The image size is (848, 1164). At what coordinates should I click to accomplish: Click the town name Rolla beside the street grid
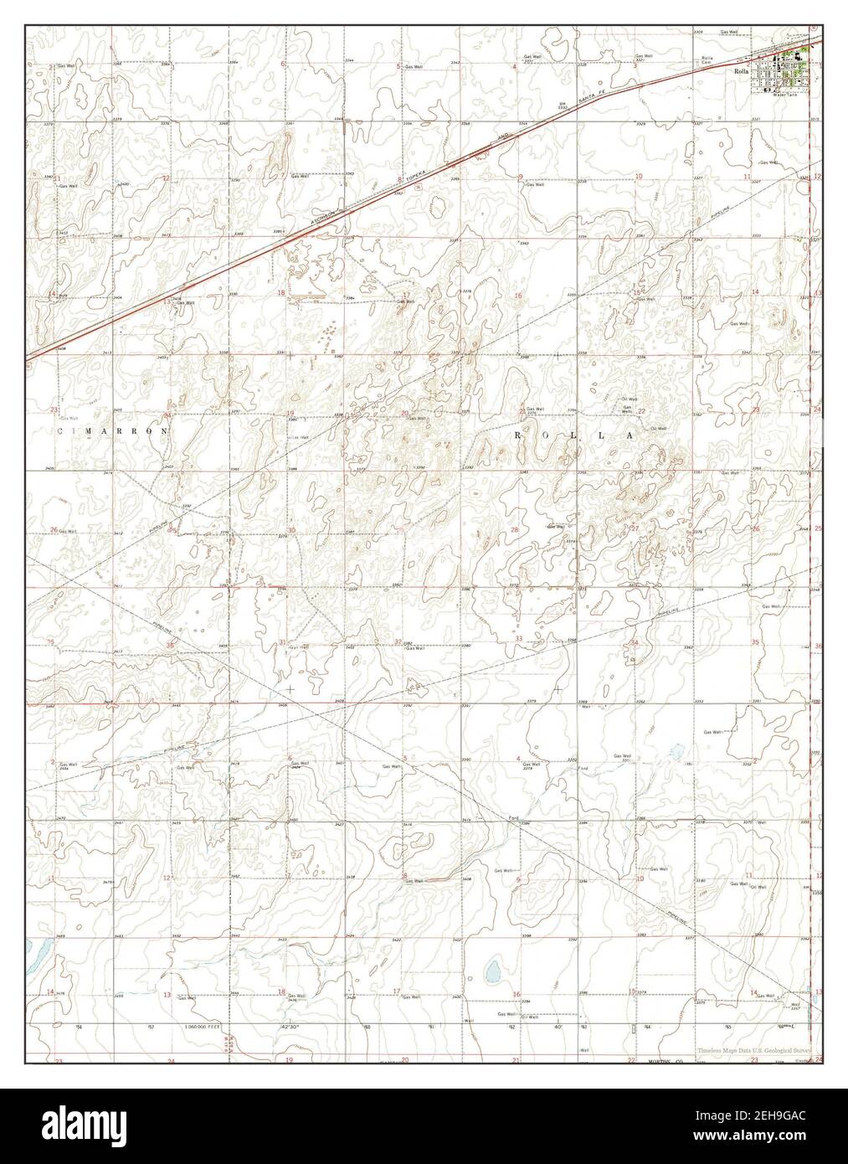pyautogui.click(x=740, y=72)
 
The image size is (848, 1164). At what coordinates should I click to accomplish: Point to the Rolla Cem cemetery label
pyautogui.click(x=707, y=61)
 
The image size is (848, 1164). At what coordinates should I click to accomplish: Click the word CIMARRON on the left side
pyautogui.click(x=115, y=430)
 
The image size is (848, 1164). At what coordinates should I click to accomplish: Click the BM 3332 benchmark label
pyautogui.click(x=563, y=106)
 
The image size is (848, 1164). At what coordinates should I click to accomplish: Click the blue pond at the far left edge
pyautogui.click(x=36, y=949)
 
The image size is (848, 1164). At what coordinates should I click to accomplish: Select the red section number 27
pyautogui.click(x=635, y=528)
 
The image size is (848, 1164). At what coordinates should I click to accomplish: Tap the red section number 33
pyautogui.click(x=519, y=639)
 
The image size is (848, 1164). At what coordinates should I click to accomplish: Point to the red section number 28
pyautogui.click(x=515, y=530)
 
